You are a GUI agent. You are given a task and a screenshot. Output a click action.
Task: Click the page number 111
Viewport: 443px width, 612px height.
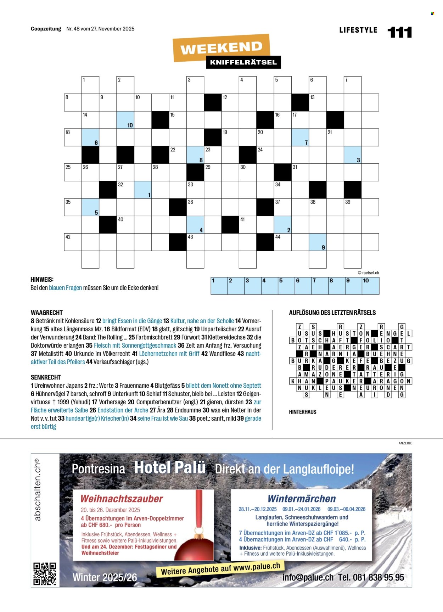point(400,32)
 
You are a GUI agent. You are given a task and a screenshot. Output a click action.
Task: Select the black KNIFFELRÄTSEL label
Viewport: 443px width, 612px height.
point(243,62)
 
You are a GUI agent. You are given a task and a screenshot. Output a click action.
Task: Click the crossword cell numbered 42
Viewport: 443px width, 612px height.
point(73,242)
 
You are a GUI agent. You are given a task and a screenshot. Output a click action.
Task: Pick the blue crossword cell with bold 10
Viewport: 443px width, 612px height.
point(125,120)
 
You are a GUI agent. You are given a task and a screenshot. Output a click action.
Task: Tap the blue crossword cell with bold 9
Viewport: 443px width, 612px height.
point(318,242)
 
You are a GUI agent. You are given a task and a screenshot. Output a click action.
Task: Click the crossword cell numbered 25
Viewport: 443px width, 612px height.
point(73,172)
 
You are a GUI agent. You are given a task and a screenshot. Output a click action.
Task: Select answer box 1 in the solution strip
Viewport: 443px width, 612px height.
point(219,286)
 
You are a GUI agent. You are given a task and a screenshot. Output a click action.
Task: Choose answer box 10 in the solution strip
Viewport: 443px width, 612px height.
point(371,286)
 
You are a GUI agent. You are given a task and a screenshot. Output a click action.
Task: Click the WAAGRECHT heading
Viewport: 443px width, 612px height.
point(47,313)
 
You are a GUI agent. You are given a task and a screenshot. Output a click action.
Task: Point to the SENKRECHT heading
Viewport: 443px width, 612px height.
point(46,377)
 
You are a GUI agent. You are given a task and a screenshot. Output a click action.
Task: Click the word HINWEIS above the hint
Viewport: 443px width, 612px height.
point(42,280)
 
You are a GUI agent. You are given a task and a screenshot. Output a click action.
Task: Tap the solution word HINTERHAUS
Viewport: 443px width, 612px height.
point(303,412)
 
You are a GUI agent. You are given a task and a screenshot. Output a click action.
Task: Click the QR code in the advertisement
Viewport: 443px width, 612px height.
point(45,573)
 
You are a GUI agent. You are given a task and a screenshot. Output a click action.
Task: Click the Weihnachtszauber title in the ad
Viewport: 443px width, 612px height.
point(122,499)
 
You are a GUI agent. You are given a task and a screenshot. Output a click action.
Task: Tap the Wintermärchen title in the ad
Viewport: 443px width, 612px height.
point(302,499)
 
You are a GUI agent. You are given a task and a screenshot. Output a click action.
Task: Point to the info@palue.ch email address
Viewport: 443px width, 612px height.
point(308,577)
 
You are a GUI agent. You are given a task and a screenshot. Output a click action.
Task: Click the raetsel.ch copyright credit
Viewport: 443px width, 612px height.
point(368,273)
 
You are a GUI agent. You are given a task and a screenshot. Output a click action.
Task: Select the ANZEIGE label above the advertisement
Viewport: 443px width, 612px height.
point(405,443)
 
